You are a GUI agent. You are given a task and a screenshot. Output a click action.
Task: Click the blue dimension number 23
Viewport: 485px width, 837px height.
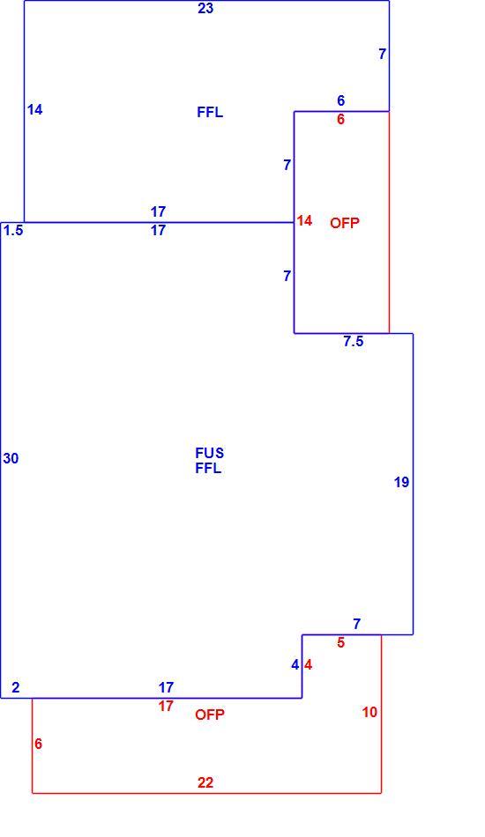[x=205, y=9]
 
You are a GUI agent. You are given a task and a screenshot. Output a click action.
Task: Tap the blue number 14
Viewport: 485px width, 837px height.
[x=34, y=110]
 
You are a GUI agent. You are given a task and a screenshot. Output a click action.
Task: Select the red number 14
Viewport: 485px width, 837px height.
[x=304, y=220]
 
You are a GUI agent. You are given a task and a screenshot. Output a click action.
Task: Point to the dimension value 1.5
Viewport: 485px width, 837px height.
[x=13, y=230]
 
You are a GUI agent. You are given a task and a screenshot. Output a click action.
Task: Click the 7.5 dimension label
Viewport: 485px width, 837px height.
[x=354, y=342]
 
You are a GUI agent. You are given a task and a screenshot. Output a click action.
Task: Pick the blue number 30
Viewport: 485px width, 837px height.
[x=11, y=458]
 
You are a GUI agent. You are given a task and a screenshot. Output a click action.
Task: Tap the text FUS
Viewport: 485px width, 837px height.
[x=209, y=453]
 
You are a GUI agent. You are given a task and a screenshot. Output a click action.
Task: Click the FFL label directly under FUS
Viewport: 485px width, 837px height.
[x=208, y=469]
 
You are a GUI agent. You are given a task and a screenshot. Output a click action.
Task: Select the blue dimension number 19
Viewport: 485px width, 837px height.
[x=402, y=483]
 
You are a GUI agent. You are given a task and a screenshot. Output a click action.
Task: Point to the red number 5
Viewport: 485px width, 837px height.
[x=340, y=642]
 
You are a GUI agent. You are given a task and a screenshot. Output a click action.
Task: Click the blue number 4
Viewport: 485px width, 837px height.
[x=295, y=665]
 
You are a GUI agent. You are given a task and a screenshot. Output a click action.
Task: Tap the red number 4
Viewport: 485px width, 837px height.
[x=309, y=665]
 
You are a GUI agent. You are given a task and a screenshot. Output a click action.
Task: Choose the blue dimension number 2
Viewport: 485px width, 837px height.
[x=16, y=687]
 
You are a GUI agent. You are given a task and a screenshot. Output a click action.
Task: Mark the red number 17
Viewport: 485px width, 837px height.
[x=166, y=707]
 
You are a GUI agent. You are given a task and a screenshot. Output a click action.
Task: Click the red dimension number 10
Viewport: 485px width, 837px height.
[x=369, y=712]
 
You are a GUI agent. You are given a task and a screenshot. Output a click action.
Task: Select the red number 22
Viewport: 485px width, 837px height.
[x=205, y=782]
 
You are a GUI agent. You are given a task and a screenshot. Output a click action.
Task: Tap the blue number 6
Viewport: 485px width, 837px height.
[x=340, y=100]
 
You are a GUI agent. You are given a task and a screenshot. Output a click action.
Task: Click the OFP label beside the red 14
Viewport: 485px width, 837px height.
[x=345, y=223]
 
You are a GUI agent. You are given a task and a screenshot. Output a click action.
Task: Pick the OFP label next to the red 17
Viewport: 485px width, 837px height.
[x=210, y=715]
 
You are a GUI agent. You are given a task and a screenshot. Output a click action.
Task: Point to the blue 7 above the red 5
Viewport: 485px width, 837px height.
[x=357, y=624]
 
